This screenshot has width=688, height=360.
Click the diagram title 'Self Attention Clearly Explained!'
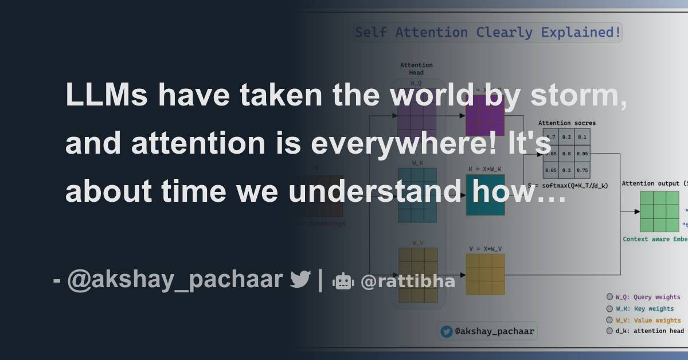pyautogui.click(x=487, y=33)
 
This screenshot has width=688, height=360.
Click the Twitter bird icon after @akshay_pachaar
pyautogui.click(x=300, y=280)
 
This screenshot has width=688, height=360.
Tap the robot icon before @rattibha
pyautogui.click(x=343, y=281)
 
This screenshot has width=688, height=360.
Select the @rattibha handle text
pyautogui.click(x=408, y=281)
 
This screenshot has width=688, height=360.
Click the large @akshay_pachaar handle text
pyautogui.click(x=175, y=280)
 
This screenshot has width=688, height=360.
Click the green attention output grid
pyautogui.click(x=659, y=212)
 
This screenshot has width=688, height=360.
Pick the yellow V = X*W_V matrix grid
pyautogui.click(x=485, y=274)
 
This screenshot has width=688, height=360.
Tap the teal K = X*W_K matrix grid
pyautogui.click(x=485, y=195)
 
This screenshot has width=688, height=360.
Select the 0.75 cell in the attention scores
pyautogui.click(x=581, y=170)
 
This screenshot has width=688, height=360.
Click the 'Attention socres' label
pyautogui.click(x=566, y=123)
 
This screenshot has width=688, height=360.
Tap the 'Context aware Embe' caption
pyautogui.click(x=655, y=239)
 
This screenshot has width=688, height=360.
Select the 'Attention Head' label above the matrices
pyautogui.click(x=416, y=69)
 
